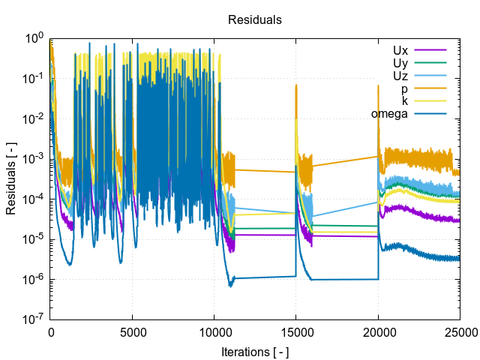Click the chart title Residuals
[x=255, y=20]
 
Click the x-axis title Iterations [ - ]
[x=255, y=351]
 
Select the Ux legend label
[x=400, y=50]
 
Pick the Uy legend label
[x=400, y=63]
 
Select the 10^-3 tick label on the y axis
[x=32, y=159]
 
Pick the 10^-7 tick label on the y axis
[x=32, y=319]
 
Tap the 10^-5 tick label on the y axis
[x=32, y=239]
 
